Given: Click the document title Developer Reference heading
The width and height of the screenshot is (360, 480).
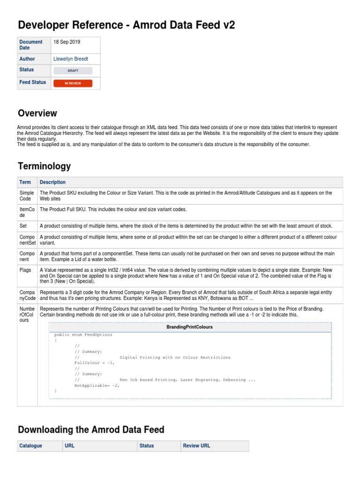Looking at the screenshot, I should [x=126, y=25].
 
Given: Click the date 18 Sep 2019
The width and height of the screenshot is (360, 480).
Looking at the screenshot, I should [x=67, y=42].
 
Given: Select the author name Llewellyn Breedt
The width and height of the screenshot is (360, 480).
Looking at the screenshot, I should [x=71, y=59].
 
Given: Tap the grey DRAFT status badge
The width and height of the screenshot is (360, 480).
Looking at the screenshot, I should [x=73, y=71].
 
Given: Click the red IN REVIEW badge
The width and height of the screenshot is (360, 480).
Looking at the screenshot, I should [x=73, y=83].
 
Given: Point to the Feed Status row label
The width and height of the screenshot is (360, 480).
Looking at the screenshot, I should [x=33, y=82].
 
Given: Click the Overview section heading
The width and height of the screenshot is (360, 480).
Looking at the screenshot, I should [x=37, y=113].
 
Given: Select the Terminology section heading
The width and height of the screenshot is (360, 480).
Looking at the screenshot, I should [x=44, y=166].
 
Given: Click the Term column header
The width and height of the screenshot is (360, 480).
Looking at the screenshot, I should [x=25, y=182].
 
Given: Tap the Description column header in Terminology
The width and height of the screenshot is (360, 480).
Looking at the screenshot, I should [x=52, y=182].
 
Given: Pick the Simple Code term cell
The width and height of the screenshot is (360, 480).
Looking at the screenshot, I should [x=27, y=196].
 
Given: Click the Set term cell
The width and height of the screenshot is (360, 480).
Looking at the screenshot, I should [x=23, y=225].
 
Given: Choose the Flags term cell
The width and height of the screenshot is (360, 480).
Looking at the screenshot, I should [x=25, y=270].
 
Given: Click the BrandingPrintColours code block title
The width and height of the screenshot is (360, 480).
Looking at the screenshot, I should [x=189, y=327].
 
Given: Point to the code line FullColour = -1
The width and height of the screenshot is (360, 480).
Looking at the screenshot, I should [x=94, y=363].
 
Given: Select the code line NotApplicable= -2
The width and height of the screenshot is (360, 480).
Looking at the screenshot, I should [x=97, y=386].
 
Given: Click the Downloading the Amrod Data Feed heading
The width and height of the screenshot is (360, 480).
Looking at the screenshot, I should [x=91, y=430].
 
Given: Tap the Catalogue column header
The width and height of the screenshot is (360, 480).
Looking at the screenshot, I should [x=30, y=446].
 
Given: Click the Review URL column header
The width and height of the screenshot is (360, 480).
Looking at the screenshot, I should [x=196, y=446].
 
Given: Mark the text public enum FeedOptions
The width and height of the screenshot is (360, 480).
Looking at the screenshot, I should [x=83, y=335].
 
